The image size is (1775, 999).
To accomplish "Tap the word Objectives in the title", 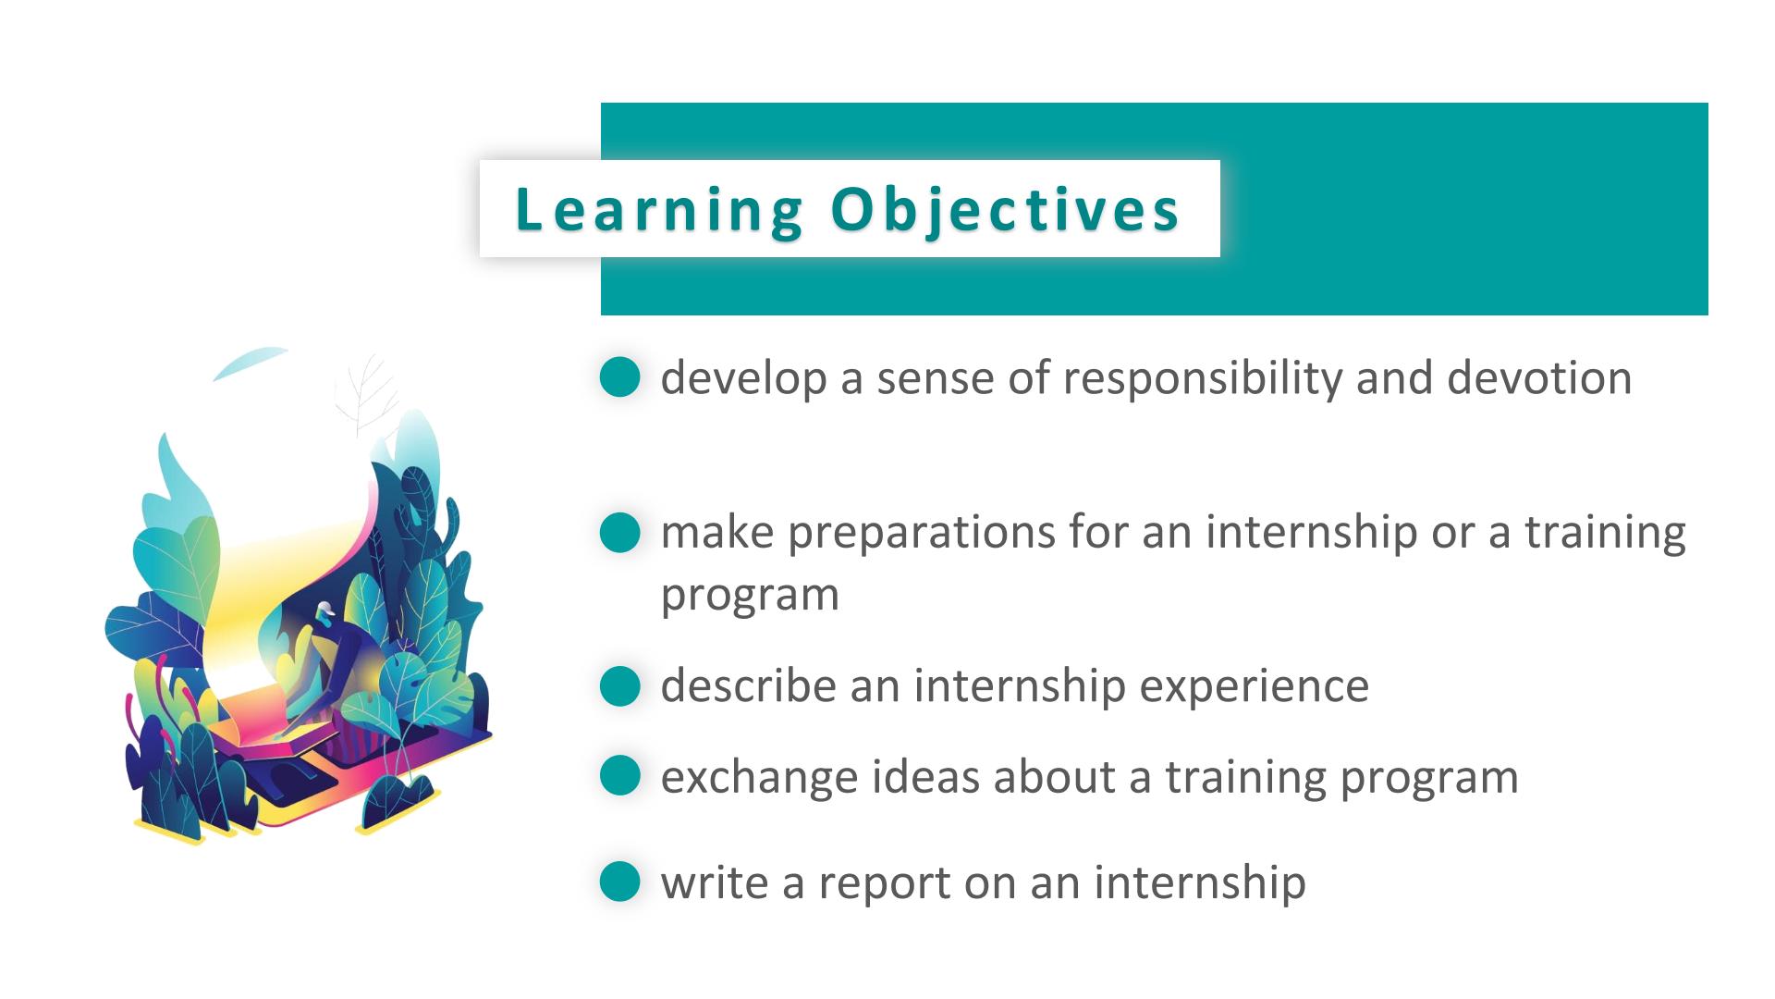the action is point(1005,210).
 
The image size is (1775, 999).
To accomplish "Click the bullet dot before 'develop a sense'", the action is point(619,377).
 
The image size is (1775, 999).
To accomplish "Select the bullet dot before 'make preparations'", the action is point(619,533).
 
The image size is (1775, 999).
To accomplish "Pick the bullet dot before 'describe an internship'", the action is point(619,686).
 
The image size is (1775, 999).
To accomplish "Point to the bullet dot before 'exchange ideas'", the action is point(619,775).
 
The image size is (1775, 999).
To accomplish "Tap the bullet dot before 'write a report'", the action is point(619,881).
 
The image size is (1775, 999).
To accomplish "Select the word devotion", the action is point(1539,377).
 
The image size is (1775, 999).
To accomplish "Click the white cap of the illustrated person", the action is point(324,610).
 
